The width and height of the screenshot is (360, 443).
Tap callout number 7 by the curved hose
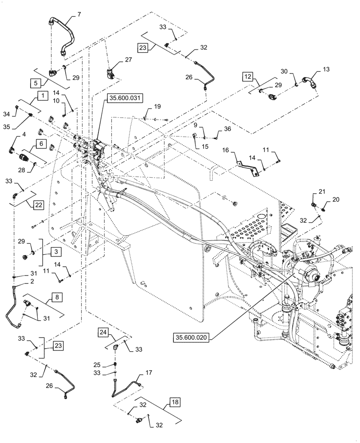coord(79,14)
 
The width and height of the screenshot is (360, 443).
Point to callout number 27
coord(128,59)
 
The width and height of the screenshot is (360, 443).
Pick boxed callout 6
coord(40,144)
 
